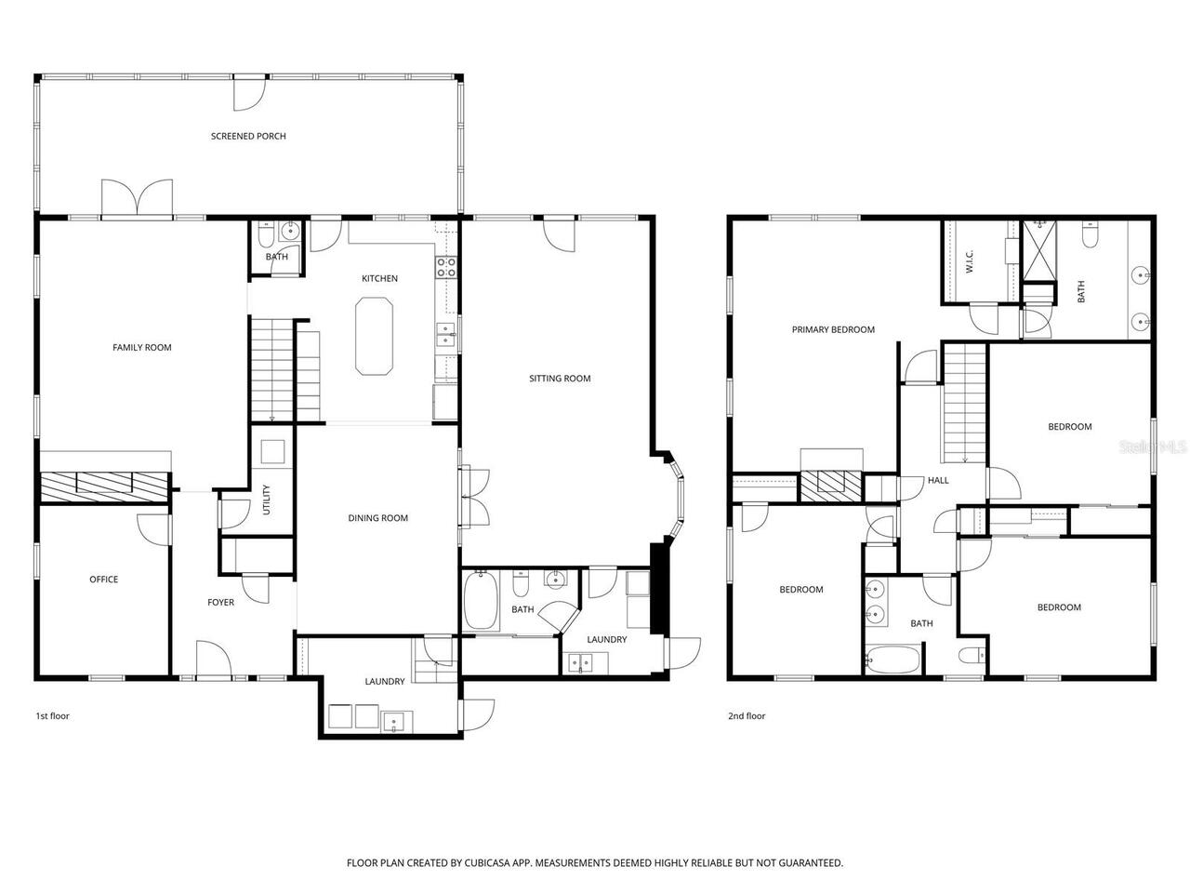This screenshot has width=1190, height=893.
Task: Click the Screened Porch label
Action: (248, 136)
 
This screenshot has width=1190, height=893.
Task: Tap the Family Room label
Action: (142, 348)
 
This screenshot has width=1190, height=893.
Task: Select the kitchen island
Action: (374, 336)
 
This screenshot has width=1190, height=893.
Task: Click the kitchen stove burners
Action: (446, 268)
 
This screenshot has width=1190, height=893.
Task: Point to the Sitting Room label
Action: (560, 379)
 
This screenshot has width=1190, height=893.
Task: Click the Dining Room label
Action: (378, 518)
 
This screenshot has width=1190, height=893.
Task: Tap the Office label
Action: (103, 580)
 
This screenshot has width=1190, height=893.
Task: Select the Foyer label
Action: (220, 603)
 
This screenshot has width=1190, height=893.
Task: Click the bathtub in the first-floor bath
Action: (482, 602)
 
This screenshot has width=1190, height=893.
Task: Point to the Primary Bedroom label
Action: (833, 329)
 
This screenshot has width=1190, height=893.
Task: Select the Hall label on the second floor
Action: (938, 480)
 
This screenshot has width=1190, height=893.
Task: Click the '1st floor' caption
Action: (53, 716)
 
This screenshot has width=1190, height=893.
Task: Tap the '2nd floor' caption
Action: (747, 716)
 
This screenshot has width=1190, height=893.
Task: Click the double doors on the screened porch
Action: (138, 197)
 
